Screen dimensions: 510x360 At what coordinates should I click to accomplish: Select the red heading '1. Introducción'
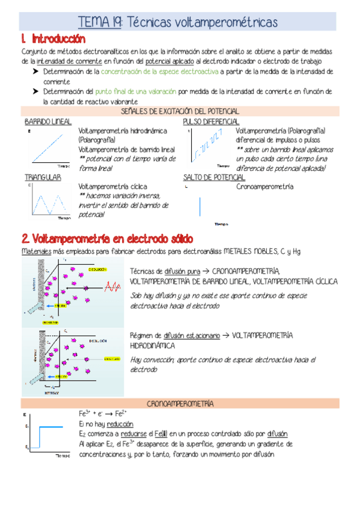(53, 39)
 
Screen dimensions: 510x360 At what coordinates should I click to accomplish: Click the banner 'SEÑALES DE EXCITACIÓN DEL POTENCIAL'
(180, 111)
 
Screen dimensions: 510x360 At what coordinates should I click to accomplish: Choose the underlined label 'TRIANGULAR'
(43, 177)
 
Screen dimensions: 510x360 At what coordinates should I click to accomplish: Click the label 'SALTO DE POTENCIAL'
(213, 177)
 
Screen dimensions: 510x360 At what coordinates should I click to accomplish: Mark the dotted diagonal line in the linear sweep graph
(49, 146)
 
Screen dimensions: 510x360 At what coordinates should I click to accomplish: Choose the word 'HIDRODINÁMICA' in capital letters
(153, 346)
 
